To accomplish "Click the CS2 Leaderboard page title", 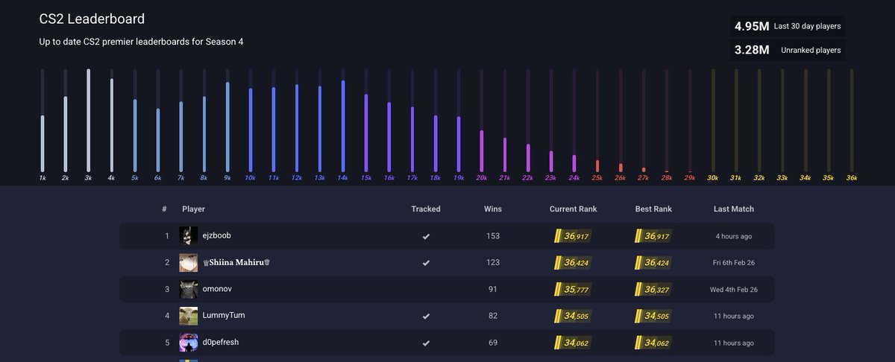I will pyautogui.click(x=92, y=19).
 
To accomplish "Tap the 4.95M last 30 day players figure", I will pyautogui.click(x=752, y=26).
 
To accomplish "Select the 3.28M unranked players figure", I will pyautogui.click(x=752, y=50).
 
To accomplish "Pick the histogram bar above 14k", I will pyautogui.click(x=343, y=127).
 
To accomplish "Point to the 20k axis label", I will pyautogui.click(x=482, y=178).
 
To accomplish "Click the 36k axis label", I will pyautogui.click(x=852, y=178).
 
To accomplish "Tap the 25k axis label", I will pyautogui.click(x=597, y=178).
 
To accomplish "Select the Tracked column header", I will pyautogui.click(x=426, y=209).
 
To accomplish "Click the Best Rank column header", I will pyautogui.click(x=653, y=209).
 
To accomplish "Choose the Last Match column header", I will pyautogui.click(x=733, y=209).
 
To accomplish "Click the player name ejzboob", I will pyautogui.click(x=216, y=235).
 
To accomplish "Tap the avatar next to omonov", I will pyautogui.click(x=189, y=289).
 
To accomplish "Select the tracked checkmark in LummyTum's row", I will pyautogui.click(x=426, y=316).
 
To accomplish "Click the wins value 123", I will pyautogui.click(x=492, y=262).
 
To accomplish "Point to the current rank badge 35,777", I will pyautogui.click(x=573, y=289).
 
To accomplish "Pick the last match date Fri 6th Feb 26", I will pyautogui.click(x=733, y=263).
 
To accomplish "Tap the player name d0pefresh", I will pyautogui.click(x=220, y=342).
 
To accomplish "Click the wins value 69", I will pyautogui.click(x=492, y=343).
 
